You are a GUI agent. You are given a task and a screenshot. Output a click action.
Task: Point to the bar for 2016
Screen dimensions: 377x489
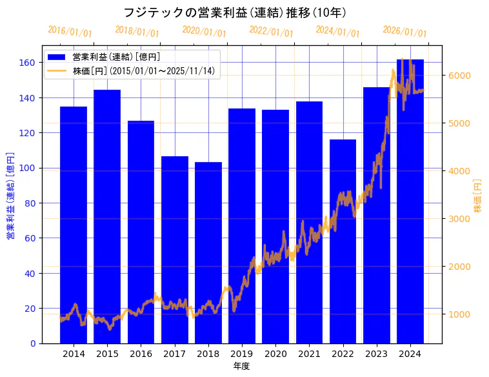coord(141,232)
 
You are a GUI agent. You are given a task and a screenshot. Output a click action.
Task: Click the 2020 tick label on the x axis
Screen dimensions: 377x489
coord(275,354)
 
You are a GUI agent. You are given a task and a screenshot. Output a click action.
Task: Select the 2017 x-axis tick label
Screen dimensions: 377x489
coord(174,354)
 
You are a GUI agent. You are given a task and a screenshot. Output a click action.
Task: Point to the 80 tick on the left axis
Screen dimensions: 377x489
coord(31,203)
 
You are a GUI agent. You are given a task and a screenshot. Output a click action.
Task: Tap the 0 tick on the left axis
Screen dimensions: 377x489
coord(34,343)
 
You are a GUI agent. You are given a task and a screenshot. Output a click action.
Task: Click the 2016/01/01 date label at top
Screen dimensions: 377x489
coord(70,32)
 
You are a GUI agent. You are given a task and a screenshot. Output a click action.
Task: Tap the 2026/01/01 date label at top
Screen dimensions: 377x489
coord(404,32)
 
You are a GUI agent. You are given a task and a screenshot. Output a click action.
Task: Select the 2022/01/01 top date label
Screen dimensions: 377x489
coord(271,32)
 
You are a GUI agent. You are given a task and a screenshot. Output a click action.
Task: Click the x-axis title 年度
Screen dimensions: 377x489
coord(241,366)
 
